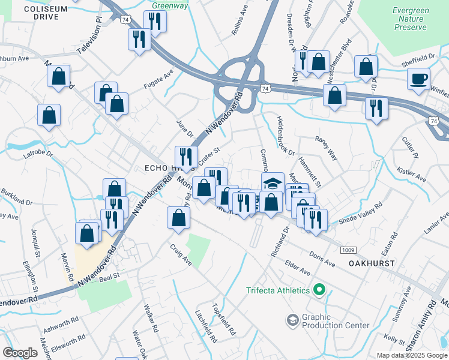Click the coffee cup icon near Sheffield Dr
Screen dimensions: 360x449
tap(418, 79)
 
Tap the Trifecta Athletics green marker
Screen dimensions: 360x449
tap(319, 290)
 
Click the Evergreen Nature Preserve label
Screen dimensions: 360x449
tap(410, 19)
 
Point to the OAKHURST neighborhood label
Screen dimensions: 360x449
tap(372, 263)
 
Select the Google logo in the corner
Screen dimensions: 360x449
tap(20, 353)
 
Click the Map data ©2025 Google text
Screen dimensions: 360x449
tap(412, 355)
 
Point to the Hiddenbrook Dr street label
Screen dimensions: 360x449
tap(285, 134)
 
